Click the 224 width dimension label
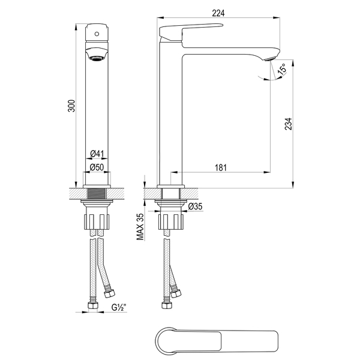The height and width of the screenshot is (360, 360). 218,13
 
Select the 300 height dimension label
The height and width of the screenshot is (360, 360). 71,106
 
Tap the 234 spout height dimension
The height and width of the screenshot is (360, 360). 289,124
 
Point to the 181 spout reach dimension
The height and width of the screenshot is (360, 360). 220,167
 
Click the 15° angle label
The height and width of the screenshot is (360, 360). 282,68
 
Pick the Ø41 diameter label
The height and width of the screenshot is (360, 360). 97,154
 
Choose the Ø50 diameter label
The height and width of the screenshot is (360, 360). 97,167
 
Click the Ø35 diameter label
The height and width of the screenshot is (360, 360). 195,206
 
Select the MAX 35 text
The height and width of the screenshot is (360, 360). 140,227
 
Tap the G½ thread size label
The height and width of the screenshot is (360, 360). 119,307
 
